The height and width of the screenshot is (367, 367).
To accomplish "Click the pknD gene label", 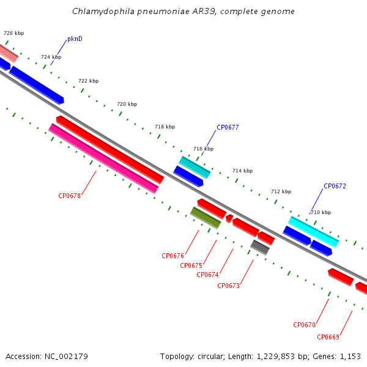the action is (x=75, y=39).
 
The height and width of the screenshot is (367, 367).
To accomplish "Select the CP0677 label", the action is (x=228, y=127).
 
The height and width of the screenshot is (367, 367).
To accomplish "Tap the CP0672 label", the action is (x=335, y=186).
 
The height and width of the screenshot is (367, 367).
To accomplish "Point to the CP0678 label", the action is (x=69, y=196).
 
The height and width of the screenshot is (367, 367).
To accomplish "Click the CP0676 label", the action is (x=172, y=256).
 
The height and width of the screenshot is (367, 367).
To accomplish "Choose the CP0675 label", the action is (x=191, y=265).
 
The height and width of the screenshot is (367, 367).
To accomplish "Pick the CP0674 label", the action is (x=207, y=275).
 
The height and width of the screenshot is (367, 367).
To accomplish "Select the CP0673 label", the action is (x=228, y=286).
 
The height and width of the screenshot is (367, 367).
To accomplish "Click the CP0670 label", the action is (x=304, y=325).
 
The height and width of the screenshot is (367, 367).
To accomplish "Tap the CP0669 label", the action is (x=328, y=337).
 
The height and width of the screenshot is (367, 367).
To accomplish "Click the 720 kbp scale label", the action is (x=127, y=104).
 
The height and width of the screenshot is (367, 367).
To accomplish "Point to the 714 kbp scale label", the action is (x=242, y=171).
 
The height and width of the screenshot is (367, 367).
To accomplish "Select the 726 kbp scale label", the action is (x=14, y=33).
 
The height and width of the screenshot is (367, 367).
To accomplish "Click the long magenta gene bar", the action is (x=103, y=158).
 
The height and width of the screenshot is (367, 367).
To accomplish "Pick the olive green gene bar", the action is (x=206, y=218).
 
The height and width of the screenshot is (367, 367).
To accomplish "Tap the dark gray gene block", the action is (x=260, y=247).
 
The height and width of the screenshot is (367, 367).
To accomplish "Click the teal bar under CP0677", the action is (x=195, y=168).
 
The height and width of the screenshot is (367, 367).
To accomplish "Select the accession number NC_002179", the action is (x=66, y=357).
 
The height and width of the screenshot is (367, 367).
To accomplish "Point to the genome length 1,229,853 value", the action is (x=275, y=357).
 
